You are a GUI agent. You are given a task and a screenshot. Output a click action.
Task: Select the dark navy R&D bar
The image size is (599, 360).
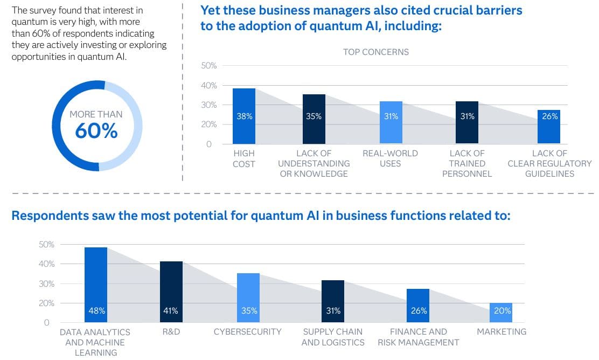171,291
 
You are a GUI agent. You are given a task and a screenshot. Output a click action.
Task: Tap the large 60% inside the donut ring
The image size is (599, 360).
96,131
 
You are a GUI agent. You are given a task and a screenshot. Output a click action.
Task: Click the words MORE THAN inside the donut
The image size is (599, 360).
96,114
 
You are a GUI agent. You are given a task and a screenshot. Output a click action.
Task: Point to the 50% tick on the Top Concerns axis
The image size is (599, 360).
208,66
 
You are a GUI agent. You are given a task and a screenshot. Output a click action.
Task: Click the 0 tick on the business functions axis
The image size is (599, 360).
47,323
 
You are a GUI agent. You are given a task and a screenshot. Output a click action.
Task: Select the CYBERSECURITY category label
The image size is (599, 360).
247,331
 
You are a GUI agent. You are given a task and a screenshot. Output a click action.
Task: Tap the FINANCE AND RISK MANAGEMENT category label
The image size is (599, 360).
418,337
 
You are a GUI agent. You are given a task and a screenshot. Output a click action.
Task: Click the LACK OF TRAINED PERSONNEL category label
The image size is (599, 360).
467,163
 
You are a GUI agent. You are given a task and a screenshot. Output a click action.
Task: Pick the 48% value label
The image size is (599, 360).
96,310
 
